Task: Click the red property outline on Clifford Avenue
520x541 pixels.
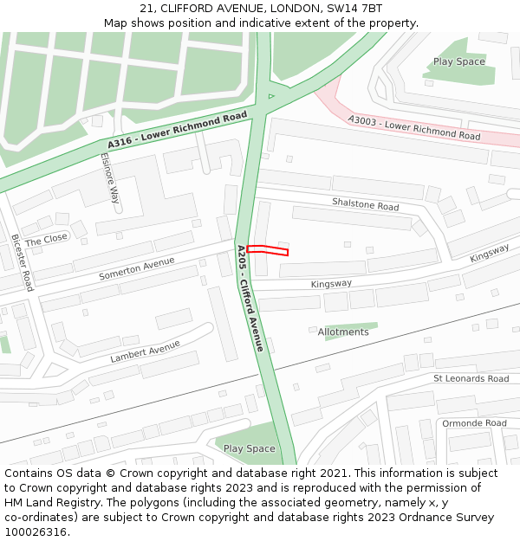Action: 267,250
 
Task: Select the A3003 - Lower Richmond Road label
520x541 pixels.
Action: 414,128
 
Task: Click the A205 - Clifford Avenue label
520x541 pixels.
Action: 250,298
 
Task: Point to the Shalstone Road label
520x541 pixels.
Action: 365,205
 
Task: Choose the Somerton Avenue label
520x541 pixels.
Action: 130,269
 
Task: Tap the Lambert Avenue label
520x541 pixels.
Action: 145,351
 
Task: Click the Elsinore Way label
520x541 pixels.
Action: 110,178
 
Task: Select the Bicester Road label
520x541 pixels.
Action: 23,262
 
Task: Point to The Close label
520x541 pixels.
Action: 46,238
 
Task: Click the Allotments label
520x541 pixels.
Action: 343,332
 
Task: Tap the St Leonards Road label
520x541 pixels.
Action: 471,378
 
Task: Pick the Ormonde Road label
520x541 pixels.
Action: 474,423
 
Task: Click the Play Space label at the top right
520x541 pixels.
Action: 459,61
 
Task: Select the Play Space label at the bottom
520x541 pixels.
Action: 249,448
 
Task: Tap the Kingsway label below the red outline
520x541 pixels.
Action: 331,284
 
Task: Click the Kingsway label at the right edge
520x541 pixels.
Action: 490,253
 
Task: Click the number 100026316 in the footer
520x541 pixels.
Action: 36,531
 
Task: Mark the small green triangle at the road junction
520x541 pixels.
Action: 270,96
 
